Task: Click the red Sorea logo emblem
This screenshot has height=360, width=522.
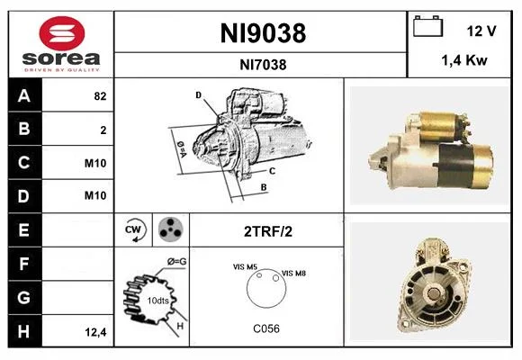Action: (62, 33)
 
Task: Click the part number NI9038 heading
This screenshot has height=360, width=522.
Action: (263, 33)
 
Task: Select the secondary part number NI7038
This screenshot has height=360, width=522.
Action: (263, 65)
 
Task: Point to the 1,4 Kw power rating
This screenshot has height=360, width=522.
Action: (464, 60)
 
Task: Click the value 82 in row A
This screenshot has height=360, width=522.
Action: (100, 96)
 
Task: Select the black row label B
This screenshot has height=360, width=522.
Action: (25, 129)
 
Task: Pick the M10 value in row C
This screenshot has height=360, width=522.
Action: (95, 163)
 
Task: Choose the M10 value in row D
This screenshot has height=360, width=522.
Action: (95, 195)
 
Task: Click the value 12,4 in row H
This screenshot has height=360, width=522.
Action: (95, 332)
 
